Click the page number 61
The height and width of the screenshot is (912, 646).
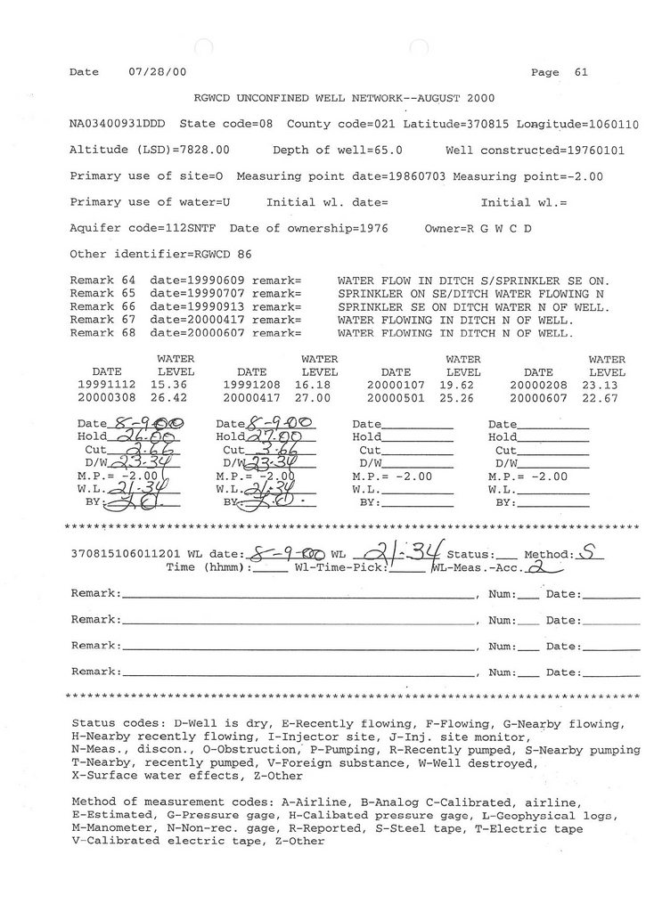[582, 72]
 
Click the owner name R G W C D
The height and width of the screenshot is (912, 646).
[500, 228]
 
